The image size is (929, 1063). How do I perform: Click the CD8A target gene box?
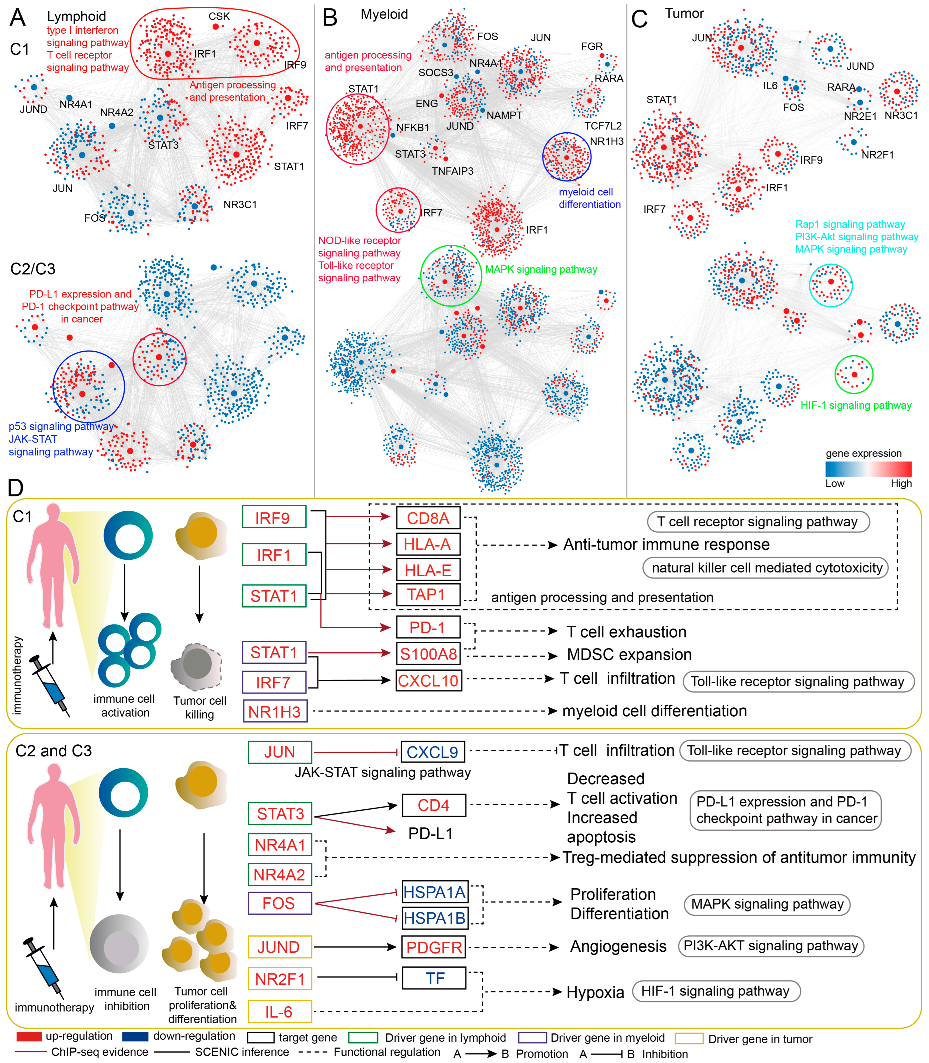[428, 518]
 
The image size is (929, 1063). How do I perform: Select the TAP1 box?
[428, 594]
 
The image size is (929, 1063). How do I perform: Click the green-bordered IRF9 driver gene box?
[274, 517]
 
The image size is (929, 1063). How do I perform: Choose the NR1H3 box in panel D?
[275, 711]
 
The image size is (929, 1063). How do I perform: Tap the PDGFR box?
[434, 947]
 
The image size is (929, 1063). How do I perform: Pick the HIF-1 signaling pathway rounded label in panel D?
[716, 991]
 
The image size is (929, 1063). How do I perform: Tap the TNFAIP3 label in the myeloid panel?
[453, 171]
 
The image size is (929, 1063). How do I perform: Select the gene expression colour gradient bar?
[868, 469]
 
